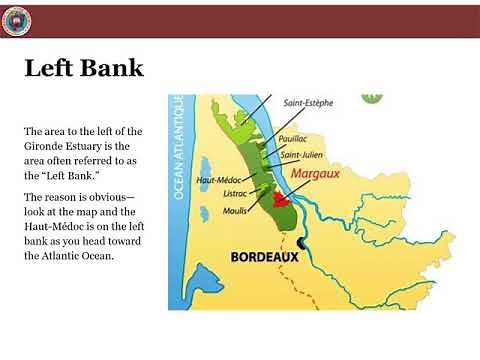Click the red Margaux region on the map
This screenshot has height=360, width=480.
pyautogui.click(x=283, y=199)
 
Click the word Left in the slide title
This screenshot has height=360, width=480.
pyautogui.click(x=51, y=69)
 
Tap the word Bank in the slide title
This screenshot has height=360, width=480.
pyautogui.click(x=112, y=69)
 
